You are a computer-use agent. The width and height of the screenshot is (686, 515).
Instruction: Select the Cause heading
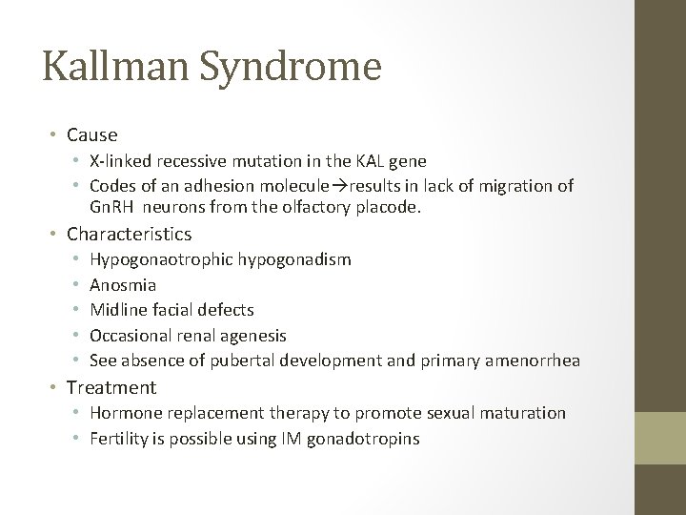click(92, 135)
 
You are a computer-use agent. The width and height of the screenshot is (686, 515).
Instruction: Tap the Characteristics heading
click(129, 234)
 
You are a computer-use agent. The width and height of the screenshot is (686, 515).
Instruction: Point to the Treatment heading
click(111, 387)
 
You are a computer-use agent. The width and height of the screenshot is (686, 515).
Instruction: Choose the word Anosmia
click(123, 284)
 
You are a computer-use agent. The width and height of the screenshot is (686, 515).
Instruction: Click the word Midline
click(118, 310)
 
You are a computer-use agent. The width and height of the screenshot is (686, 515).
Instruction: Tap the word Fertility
click(117, 439)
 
